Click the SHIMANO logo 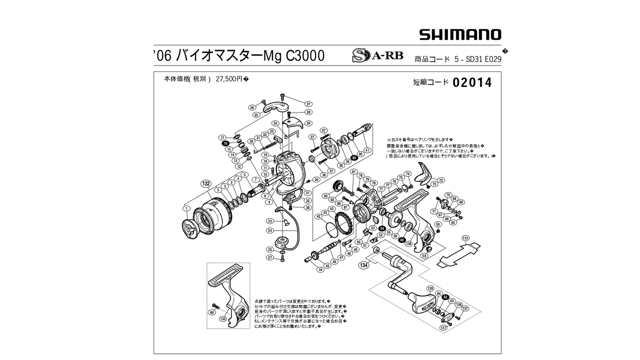(x=460, y=34)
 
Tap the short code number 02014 (x=472, y=82)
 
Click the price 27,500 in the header (x=229, y=79)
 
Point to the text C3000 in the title (x=304, y=55)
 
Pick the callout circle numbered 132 (x=205, y=183)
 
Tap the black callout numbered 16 (x=225, y=143)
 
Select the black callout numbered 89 (x=354, y=158)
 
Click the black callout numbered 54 (x=382, y=228)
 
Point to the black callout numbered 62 (x=445, y=297)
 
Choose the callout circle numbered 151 (x=465, y=238)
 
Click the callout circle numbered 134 (x=363, y=265)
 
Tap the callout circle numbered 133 (x=223, y=318)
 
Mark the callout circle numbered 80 (x=212, y=312)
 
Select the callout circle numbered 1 (x=186, y=208)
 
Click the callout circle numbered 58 (x=424, y=256)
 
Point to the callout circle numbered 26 (x=252, y=107)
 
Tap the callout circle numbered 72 (x=440, y=180)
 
